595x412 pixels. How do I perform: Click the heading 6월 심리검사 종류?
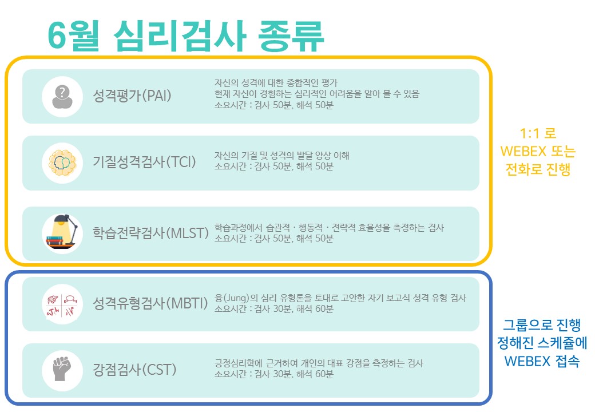[185, 36]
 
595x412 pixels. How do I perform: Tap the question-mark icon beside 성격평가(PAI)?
[62, 97]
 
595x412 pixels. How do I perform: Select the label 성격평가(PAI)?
[132, 95]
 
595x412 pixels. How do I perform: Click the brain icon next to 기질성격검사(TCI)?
[62, 163]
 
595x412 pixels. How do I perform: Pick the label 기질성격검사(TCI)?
[144, 162]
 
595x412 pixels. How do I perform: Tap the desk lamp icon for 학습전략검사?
[62, 233]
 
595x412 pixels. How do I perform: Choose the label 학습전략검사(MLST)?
[150, 232]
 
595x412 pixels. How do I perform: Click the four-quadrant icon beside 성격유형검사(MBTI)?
[62, 304]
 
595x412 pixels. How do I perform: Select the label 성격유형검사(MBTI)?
[150, 303]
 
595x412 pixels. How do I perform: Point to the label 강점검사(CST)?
[134, 369]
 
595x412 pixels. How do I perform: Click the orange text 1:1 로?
[538, 133]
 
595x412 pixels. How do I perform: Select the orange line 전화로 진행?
[538, 169]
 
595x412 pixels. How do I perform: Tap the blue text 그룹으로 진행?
[541, 325]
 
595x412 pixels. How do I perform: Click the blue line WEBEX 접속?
[541, 360]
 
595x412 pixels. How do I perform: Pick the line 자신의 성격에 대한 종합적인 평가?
[276, 83]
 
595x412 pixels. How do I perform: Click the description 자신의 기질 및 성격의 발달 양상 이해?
[281, 155]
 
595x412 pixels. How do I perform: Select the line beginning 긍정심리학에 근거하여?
[319, 363]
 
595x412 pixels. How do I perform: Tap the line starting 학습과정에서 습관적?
[329, 228]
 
